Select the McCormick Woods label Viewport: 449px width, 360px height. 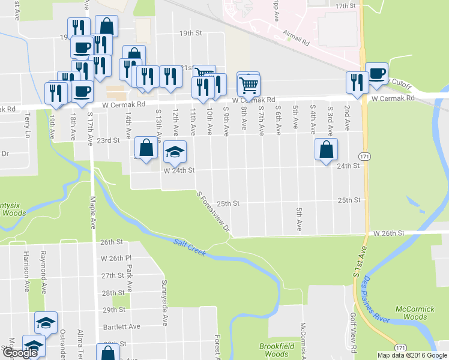415,313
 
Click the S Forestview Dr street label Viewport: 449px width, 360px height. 214,211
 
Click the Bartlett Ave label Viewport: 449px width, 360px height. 121,326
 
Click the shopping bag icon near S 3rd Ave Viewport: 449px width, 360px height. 326,149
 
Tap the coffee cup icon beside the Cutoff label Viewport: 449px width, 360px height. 377,73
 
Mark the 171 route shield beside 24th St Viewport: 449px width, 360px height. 364,156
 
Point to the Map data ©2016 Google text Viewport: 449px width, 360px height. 412,355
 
